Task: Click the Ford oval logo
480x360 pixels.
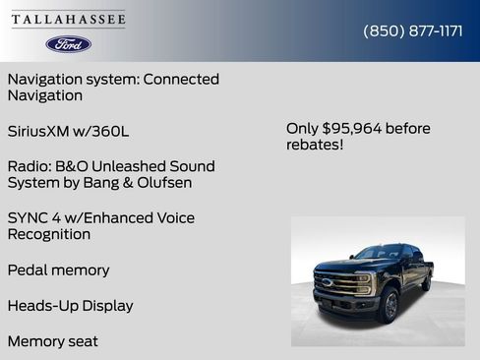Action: [69, 44]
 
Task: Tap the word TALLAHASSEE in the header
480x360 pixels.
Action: [69, 19]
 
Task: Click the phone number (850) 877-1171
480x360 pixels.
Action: [413, 30]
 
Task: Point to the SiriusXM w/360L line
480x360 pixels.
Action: [67, 131]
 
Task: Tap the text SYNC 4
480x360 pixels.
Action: [34, 217]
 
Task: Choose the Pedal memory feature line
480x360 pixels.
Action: [58, 270]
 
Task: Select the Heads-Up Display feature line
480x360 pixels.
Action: [70, 306]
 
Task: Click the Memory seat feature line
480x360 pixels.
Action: [53, 341]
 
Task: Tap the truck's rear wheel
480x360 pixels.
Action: [427, 281]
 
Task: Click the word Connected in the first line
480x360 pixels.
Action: [181, 79]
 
